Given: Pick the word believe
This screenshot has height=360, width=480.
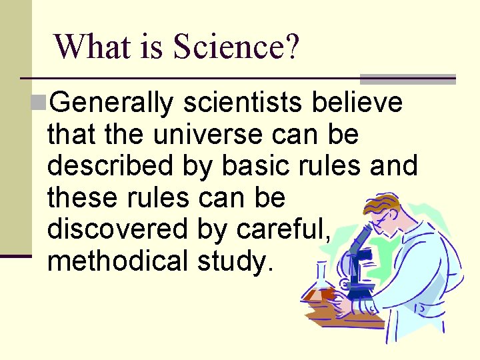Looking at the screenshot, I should point(360,103).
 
